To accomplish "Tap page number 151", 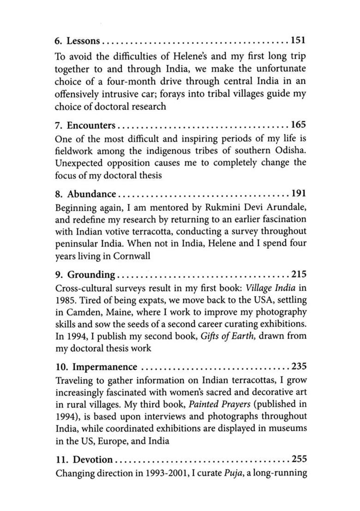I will point(298,41).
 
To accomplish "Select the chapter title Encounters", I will point(91,125).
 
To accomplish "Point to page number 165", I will point(298,125).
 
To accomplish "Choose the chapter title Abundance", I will point(91,194).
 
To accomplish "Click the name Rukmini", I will point(217,207).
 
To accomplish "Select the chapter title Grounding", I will point(91,275).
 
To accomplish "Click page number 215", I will point(298,275).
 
